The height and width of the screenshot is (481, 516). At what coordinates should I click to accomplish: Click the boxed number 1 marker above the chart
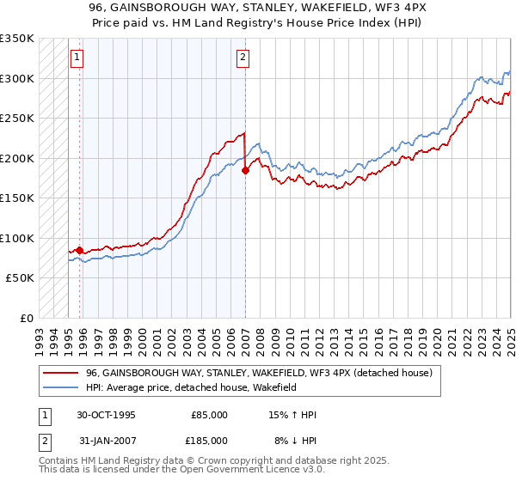pyautogui.click(x=77, y=58)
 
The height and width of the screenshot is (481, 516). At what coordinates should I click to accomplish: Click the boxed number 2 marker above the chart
pyautogui.click(x=243, y=58)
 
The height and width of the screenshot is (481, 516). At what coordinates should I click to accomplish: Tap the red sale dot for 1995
pyautogui.click(x=80, y=250)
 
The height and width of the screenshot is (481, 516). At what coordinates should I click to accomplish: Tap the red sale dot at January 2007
pyautogui.click(x=245, y=170)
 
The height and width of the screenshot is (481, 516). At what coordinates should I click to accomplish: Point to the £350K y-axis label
pyautogui.click(x=17, y=39)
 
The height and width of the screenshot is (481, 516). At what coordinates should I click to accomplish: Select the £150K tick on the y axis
pyautogui.click(x=17, y=198)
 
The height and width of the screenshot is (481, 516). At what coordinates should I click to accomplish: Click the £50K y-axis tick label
pyautogui.click(x=21, y=278)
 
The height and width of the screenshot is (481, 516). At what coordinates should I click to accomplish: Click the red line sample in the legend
pyautogui.click(x=61, y=373)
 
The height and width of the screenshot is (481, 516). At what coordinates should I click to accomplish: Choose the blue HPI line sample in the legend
pyautogui.click(x=61, y=387)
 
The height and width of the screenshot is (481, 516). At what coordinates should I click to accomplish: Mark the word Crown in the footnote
pyautogui.click(x=210, y=462)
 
